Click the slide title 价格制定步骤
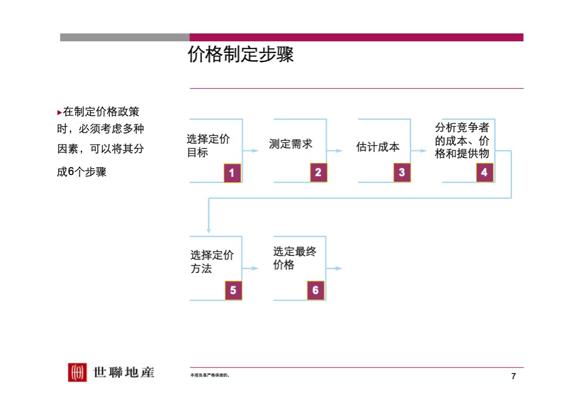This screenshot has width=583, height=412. (x=240, y=55)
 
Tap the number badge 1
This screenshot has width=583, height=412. (x=232, y=173)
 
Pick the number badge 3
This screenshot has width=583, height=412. (x=401, y=173)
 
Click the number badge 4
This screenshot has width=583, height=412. (x=484, y=173)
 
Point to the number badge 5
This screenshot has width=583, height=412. (x=233, y=290)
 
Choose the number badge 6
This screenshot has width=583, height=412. (x=316, y=290)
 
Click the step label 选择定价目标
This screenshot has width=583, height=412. (x=208, y=146)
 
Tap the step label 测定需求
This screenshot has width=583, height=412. (x=290, y=144)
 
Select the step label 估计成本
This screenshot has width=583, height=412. (x=378, y=147)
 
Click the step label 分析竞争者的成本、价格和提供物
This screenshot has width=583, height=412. (x=462, y=141)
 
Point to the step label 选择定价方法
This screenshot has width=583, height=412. (x=211, y=261)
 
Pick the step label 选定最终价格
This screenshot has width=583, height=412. (x=295, y=258)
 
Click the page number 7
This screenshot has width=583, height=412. (x=514, y=377)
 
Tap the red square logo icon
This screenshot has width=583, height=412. (x=77, y=372)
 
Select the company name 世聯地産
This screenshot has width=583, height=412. (x=124, y=372)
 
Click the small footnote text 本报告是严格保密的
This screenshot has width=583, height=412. (x=210, y=376)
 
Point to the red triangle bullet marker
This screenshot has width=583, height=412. (x=59, y=112)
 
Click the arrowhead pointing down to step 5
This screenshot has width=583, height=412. (x=208, y=231)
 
